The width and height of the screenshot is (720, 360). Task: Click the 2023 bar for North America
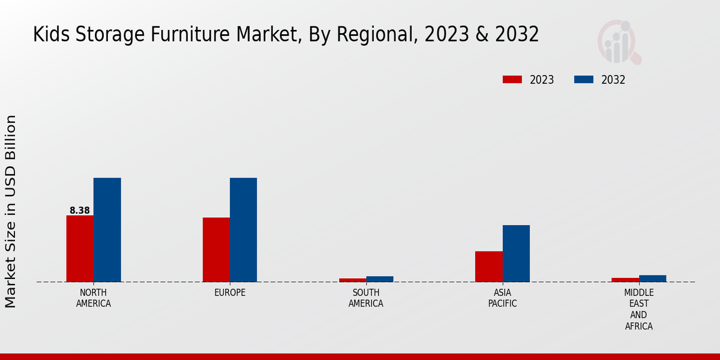80,248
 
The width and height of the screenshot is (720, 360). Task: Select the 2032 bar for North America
107,230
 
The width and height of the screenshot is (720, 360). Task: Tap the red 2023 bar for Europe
216,250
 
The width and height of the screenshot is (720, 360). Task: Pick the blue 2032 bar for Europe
243,230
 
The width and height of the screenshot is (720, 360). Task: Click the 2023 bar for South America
352,280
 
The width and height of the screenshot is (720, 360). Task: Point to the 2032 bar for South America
380,279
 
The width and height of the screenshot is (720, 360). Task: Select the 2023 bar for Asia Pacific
489,266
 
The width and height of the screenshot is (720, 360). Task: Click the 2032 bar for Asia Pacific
516,253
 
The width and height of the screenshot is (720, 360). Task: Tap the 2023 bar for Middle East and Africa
625,280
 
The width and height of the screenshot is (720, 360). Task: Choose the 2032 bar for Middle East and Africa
652,278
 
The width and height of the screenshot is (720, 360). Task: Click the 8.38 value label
80,211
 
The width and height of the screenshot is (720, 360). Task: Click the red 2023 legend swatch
512,80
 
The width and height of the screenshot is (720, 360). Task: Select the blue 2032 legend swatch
584,80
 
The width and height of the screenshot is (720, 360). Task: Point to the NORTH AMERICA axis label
94,298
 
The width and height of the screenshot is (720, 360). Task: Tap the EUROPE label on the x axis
230,293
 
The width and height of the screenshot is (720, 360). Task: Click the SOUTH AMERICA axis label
366,298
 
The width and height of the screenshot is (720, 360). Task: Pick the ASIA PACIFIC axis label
503,298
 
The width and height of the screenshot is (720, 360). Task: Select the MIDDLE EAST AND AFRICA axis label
639,310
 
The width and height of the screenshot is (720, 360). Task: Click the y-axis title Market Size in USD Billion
11,211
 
